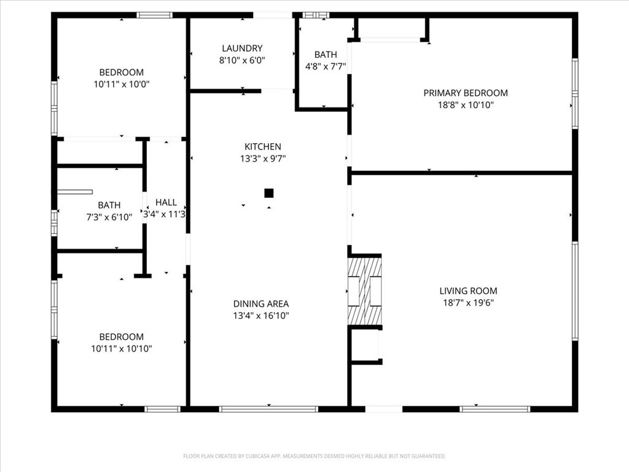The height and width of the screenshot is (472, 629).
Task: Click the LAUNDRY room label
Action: tap(242, 48)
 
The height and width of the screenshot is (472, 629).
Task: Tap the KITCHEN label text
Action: tap(263, 146)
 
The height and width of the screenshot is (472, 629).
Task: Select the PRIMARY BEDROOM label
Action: tap(466, 93)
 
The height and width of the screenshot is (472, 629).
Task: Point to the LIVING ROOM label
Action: tap(468, 291)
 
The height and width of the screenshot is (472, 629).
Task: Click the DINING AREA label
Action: tap(261, 304)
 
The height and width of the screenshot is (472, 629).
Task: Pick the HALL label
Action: tap(166, 202)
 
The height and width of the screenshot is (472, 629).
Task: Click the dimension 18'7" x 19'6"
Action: tap(468, 302)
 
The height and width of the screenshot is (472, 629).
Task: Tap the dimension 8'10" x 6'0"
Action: tap(242, 60)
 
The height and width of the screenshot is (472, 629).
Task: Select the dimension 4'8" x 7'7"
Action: tap(326, 66)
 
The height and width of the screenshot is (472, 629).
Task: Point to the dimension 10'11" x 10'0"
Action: tap(122, 84)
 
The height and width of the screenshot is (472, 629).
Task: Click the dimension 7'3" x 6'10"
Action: tap(109, 217)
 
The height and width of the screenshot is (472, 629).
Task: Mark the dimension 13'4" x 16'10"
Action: tap(261, 315)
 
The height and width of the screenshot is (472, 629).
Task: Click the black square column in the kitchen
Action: tap(269, 194)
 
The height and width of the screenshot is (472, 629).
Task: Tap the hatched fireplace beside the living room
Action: tap(365, 291)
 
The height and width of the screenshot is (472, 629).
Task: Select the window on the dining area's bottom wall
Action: tap(268, 409)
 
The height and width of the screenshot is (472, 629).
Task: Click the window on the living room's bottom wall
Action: tap(494, 409)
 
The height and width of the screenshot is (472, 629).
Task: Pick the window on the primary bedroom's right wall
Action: tap(575, 93)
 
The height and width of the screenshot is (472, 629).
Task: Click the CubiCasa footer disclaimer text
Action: tap(314, 456)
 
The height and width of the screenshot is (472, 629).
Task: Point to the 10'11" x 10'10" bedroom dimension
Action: tap(122, 348)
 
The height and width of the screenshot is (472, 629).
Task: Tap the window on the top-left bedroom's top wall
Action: tap(154, 15)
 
